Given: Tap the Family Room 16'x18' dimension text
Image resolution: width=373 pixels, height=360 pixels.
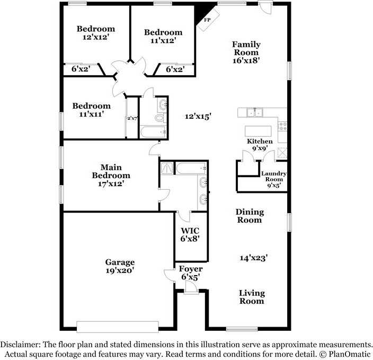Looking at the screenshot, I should point(246,60).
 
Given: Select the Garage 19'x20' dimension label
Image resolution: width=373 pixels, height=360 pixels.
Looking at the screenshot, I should point(120,270).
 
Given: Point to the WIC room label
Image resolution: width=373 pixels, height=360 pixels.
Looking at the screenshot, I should point(190,231).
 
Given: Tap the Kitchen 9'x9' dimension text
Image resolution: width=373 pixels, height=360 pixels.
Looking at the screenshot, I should point(260,148).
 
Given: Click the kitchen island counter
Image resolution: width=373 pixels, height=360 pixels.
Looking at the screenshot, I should point(258,130).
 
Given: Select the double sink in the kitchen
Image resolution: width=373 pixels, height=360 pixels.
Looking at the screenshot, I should point(255,112).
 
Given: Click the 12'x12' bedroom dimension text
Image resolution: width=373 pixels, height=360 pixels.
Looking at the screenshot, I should point(95,37).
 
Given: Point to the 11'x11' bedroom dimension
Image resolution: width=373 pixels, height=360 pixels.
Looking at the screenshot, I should point(92,114).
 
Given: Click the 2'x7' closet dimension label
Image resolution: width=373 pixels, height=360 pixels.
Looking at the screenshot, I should point(132,118).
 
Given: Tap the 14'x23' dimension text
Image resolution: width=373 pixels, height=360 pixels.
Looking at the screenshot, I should point(253,258).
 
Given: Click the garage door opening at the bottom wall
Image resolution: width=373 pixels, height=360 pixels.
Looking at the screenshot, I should point(117,325).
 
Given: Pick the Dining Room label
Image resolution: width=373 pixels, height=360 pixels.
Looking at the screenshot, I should point(250,216).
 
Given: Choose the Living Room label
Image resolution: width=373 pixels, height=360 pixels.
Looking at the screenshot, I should point(252,297).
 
